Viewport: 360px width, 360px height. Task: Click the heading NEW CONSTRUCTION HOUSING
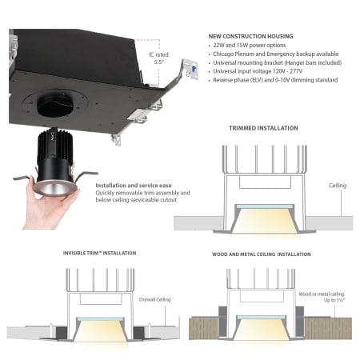[250, 36]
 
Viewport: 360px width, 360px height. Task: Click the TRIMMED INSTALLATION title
[263, 128]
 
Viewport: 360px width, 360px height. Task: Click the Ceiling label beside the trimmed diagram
[338, 186]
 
